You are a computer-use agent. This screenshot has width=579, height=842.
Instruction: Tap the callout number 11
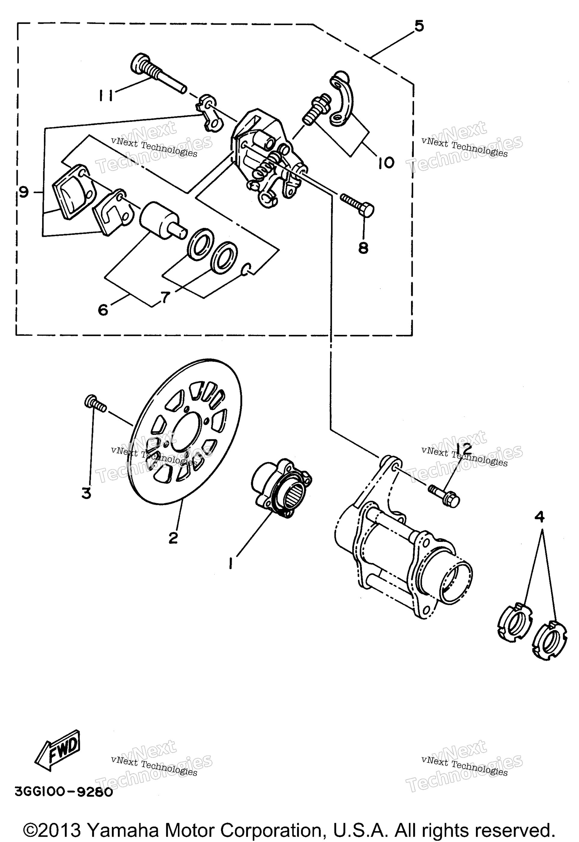coord(105,95)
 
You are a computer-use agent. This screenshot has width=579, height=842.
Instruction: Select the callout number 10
coord(386,163)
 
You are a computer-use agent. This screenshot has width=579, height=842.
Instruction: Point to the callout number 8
coord(363,248)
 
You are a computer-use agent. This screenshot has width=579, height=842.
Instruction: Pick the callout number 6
coord(103,310)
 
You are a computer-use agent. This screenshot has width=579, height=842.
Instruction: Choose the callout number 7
coord(165,298)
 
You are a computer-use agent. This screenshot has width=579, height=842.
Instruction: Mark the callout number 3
coord(86,493)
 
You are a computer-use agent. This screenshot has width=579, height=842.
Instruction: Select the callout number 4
coord(539,517)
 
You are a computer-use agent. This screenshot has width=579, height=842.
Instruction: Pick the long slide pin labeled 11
coord(158,74)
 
